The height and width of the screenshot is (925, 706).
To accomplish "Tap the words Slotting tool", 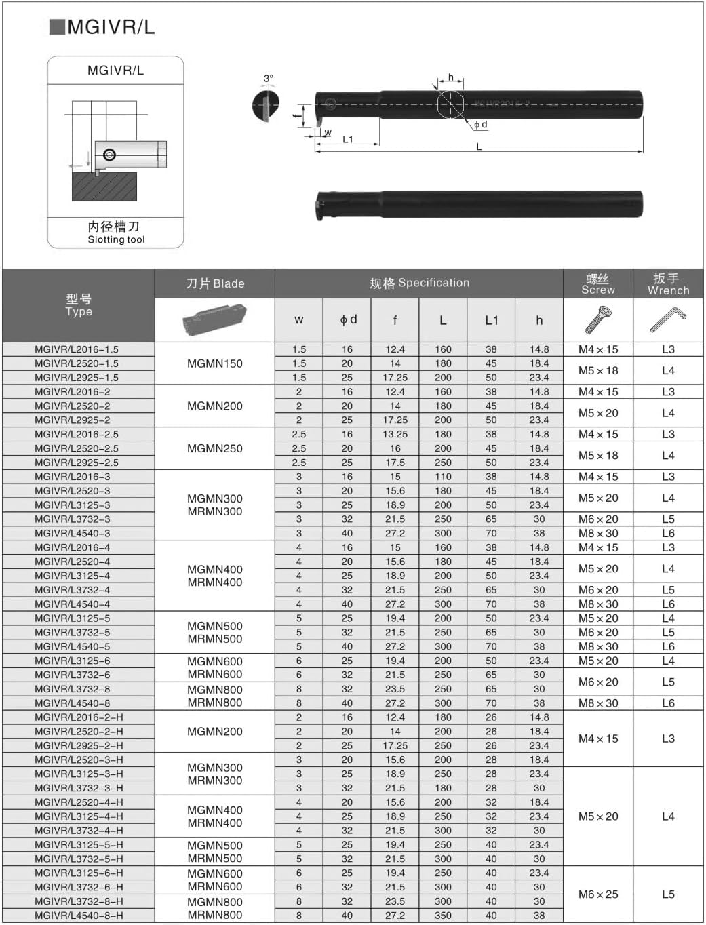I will tap(116, 239).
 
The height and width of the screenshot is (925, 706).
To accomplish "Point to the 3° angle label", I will tap(269, 79).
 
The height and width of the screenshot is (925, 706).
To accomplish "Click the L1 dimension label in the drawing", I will tap(348, 140).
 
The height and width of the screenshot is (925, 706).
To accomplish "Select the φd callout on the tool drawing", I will tap(480, 125).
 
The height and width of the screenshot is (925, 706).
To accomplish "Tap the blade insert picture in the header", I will tap(214, 319).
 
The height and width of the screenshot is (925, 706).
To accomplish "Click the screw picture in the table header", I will tap(597, 319).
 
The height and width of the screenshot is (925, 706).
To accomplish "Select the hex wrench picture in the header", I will tap(668, 319).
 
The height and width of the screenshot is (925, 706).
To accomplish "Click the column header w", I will tap(299, 320).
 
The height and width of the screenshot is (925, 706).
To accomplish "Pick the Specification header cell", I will tap(419, 283).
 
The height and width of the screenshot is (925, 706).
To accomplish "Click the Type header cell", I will tap(79, 305).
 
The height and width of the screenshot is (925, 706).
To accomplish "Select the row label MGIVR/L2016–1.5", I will tap(77, 349).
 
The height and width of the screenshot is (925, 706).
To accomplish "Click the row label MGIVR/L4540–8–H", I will tap(79, 915).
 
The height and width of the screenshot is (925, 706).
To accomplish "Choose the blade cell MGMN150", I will tap(214, 363).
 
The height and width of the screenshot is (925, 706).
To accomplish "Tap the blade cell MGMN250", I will tap(214, 448).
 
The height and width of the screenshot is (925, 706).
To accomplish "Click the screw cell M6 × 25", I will tap(598, 894).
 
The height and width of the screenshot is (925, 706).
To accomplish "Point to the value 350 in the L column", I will tap(443, 915).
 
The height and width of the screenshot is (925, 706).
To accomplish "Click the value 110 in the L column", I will tap(443, 477).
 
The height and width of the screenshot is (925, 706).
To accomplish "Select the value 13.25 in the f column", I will tap(395, 434).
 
